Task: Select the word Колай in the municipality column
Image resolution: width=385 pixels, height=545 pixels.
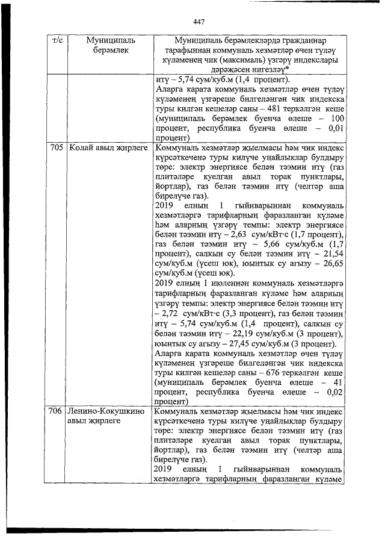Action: [80, 146]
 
